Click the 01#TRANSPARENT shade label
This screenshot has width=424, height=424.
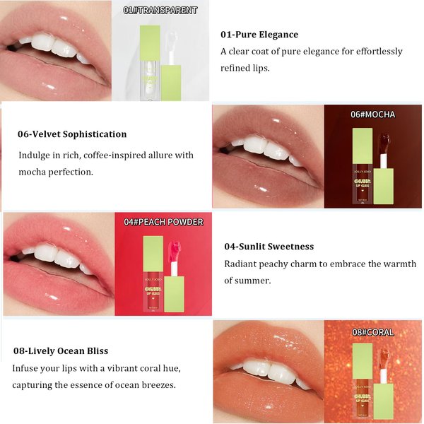point(160,11)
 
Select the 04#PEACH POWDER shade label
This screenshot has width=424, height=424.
point(163,222)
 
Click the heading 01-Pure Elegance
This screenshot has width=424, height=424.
point(259,35)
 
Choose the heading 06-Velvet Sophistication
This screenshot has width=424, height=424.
point(72,134)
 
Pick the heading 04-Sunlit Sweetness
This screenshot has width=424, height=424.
point(269,247)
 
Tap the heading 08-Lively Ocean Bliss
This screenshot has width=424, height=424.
point(60,351)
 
